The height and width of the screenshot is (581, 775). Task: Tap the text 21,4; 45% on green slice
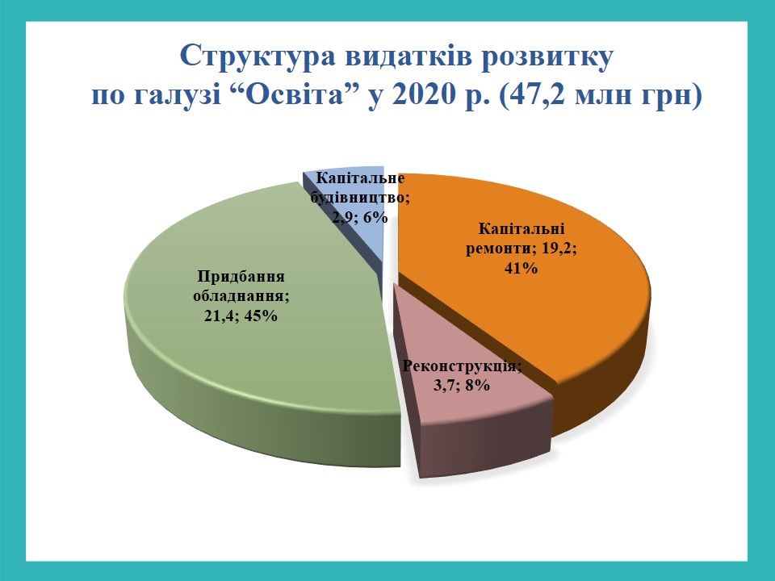[x=241, y=316]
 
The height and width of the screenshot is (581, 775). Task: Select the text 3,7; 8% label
[x=462, y=385]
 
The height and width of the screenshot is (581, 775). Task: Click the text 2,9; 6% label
[x=360, y=217]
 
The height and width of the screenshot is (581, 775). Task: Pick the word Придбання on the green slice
[x=241, y=276]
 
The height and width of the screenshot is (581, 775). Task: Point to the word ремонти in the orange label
[x=500, y=249]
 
